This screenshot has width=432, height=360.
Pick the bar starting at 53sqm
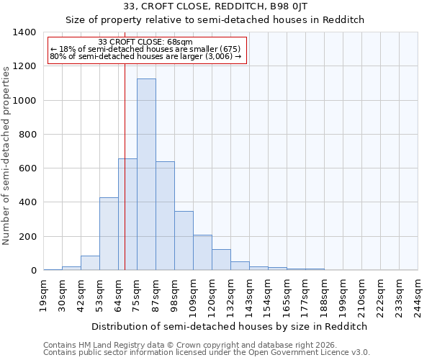109,234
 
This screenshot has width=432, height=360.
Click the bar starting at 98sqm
184,240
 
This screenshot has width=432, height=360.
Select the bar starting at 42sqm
90,263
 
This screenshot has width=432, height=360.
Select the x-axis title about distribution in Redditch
230,326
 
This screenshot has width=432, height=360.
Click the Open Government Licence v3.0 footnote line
207,353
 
